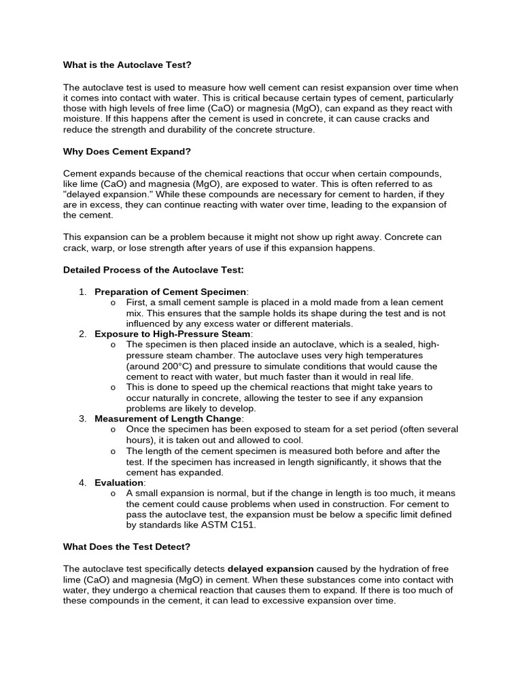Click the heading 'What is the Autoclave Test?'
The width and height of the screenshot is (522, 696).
pos(127,65)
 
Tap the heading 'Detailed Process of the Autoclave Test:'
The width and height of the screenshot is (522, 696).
pos(153,269)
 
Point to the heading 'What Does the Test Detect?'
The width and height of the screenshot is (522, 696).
pos(126,546)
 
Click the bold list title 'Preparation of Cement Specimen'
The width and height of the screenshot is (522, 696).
pos(170,292)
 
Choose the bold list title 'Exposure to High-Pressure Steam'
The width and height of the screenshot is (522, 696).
pos(173,334)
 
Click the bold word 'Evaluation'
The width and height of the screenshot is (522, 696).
pos(120,483)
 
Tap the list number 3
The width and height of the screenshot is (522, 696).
pos(82,419)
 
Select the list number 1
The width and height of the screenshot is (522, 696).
pos(82,292)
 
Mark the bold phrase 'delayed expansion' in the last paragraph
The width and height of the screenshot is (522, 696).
pos(271,568)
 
